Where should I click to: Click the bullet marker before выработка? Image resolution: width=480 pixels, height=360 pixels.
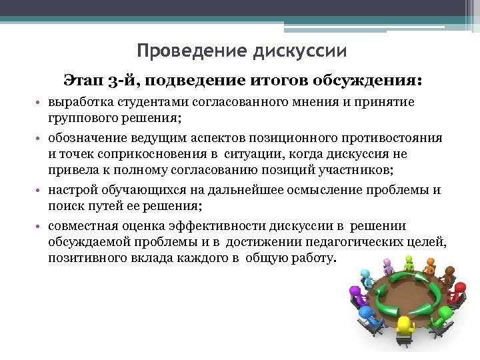click(40, 103)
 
